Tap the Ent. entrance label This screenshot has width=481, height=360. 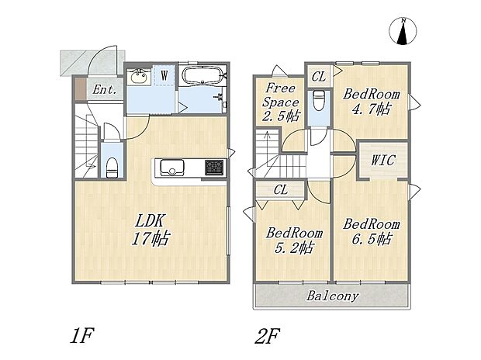pyautogui.click(x=105, y=90)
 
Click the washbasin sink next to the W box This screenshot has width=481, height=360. pyautogui.click(x=140, y=76)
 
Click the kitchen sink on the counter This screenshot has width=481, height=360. pyautogui.click(x=171, y=167)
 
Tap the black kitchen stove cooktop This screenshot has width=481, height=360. pyautogui.click(x=213, y=167)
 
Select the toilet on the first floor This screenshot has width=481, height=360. pyautogui.click(x=112, y=164)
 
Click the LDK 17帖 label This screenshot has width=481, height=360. pyautogui.click(x=151, y=229)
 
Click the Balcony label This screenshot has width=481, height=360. pyautogui.click(x=332, y=296)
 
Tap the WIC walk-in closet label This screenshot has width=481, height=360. pyautogui.click(x=383, y=161)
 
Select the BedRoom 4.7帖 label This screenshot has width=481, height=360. pyautogui.click(x=364, y=99)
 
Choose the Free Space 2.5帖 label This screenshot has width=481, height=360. pyautogui.click(x=281, y=102)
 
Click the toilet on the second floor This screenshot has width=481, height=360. pyautogui.click(x=318, y=101)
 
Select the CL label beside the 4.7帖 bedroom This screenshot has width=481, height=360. pyautogui.click(x=318, y=75)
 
